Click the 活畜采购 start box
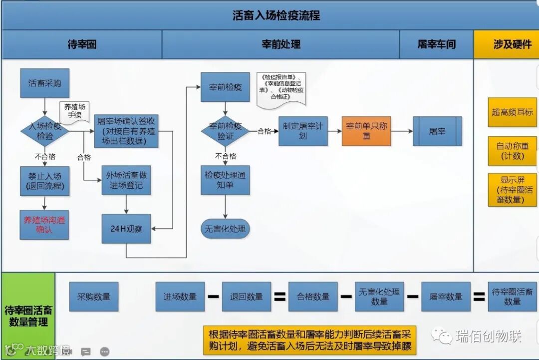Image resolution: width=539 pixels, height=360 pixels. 45,83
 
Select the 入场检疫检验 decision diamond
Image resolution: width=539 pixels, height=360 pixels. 45,131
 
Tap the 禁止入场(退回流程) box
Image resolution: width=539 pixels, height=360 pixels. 45,181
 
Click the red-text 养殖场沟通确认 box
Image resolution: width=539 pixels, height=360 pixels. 45,225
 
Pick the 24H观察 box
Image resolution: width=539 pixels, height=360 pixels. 126,229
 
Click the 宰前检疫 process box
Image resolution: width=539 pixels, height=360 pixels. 225,87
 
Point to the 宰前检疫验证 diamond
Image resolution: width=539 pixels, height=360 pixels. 225,131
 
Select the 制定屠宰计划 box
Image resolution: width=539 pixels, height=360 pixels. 303,131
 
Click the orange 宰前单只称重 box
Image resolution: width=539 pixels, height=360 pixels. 366,131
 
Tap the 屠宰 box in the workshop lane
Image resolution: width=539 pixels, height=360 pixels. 437,131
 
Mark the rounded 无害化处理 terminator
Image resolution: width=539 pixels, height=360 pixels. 225,229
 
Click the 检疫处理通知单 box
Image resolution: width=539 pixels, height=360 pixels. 225,180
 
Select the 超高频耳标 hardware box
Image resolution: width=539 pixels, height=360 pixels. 512,112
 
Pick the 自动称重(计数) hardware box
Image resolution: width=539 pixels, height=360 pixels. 512,151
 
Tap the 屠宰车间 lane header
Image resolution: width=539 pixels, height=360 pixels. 436,44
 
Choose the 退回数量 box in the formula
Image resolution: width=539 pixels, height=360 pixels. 247,297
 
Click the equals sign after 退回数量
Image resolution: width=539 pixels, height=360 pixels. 280,297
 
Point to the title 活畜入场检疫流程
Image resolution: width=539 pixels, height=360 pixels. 276,15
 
